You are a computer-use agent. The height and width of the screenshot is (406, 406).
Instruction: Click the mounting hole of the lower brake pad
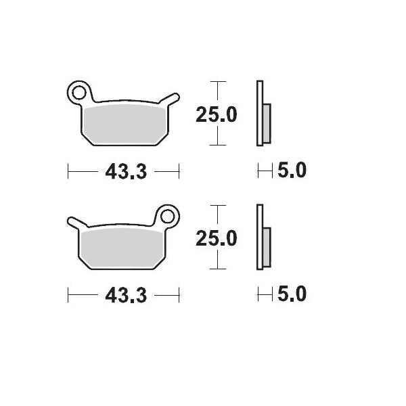click(x=166, y=216)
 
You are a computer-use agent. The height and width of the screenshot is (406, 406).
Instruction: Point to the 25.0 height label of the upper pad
click(x=216, y=114)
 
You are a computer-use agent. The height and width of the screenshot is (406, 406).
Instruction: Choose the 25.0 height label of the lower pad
click(x=216, y=238)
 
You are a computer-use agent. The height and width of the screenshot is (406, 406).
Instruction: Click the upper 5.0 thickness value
click(x=292, y=171)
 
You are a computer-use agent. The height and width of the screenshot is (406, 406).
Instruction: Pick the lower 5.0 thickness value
click(x=292, y=294)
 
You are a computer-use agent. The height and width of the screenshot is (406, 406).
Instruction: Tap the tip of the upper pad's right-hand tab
click(x=177, y=96)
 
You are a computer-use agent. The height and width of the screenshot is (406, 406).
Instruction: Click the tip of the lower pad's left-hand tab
click(x=70, y=221)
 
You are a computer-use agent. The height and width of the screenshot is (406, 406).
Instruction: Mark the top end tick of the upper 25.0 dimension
click(x=216, y=82)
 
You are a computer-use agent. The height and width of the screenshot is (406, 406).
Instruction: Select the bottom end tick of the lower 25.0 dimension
click(x=216, y=269)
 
